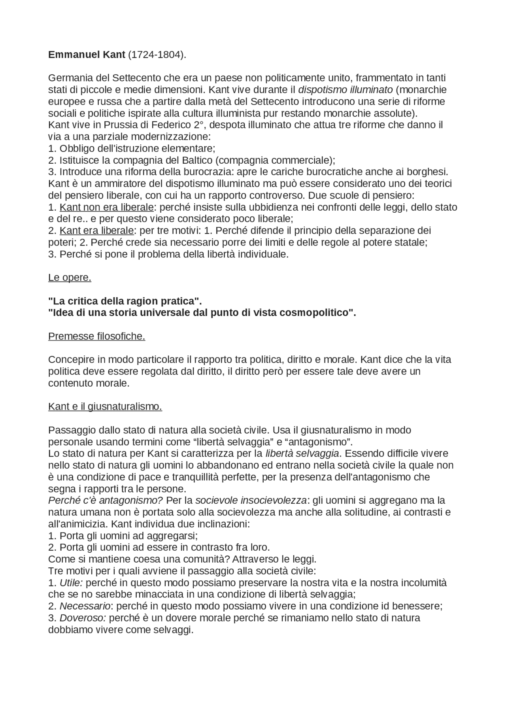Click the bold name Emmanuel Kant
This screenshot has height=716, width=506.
coord(87,55)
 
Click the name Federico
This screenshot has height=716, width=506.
coord(169,125)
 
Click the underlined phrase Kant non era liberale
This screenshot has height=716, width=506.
coord(106,207)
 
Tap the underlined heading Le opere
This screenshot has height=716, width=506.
coord(70,278)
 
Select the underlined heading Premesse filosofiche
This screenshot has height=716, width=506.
coord(96,336)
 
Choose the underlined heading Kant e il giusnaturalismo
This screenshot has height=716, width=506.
coord(105,406)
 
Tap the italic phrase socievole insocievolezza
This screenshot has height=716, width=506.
coord(251,500)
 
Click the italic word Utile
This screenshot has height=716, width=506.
coord(71,582)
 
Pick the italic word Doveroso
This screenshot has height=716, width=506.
coord(83,618)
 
